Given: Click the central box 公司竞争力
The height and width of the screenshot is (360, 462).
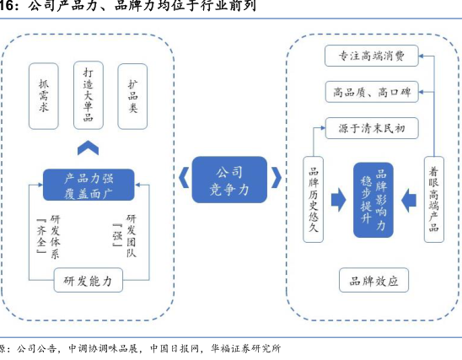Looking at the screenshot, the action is pos(229,180).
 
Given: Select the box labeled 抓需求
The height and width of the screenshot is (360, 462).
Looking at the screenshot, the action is pos(44,96).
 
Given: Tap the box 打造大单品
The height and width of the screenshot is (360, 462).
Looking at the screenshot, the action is pos(89,95).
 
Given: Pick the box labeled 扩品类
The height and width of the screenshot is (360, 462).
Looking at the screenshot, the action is pos(132,96).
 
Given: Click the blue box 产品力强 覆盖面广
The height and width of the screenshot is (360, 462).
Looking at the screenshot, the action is pos(89,185).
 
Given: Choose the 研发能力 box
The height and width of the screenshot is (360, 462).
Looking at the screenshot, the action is pos(89,280).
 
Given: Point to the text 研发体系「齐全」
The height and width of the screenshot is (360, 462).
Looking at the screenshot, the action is pos(49,237).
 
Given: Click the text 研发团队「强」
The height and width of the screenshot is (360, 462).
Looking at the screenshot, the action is pos(124,236).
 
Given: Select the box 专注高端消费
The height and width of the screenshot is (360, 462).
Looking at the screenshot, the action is pos(372,56).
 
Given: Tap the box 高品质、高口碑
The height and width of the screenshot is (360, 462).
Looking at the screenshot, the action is pos(372,92).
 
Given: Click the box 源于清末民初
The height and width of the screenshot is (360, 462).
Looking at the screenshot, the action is pos(372,128).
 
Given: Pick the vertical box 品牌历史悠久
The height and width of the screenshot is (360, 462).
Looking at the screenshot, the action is pos(314,200).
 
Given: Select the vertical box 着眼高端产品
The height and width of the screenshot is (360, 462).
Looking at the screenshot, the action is pos(434,200).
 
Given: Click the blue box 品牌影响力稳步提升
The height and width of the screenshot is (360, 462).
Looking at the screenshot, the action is pos(373,200).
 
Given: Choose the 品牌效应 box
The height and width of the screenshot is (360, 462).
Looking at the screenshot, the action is pos(374,280).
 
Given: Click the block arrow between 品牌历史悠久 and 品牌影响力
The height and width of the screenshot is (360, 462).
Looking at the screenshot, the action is pos(339,200).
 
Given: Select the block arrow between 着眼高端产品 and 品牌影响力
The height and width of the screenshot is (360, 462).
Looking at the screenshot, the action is pos(409,201).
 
